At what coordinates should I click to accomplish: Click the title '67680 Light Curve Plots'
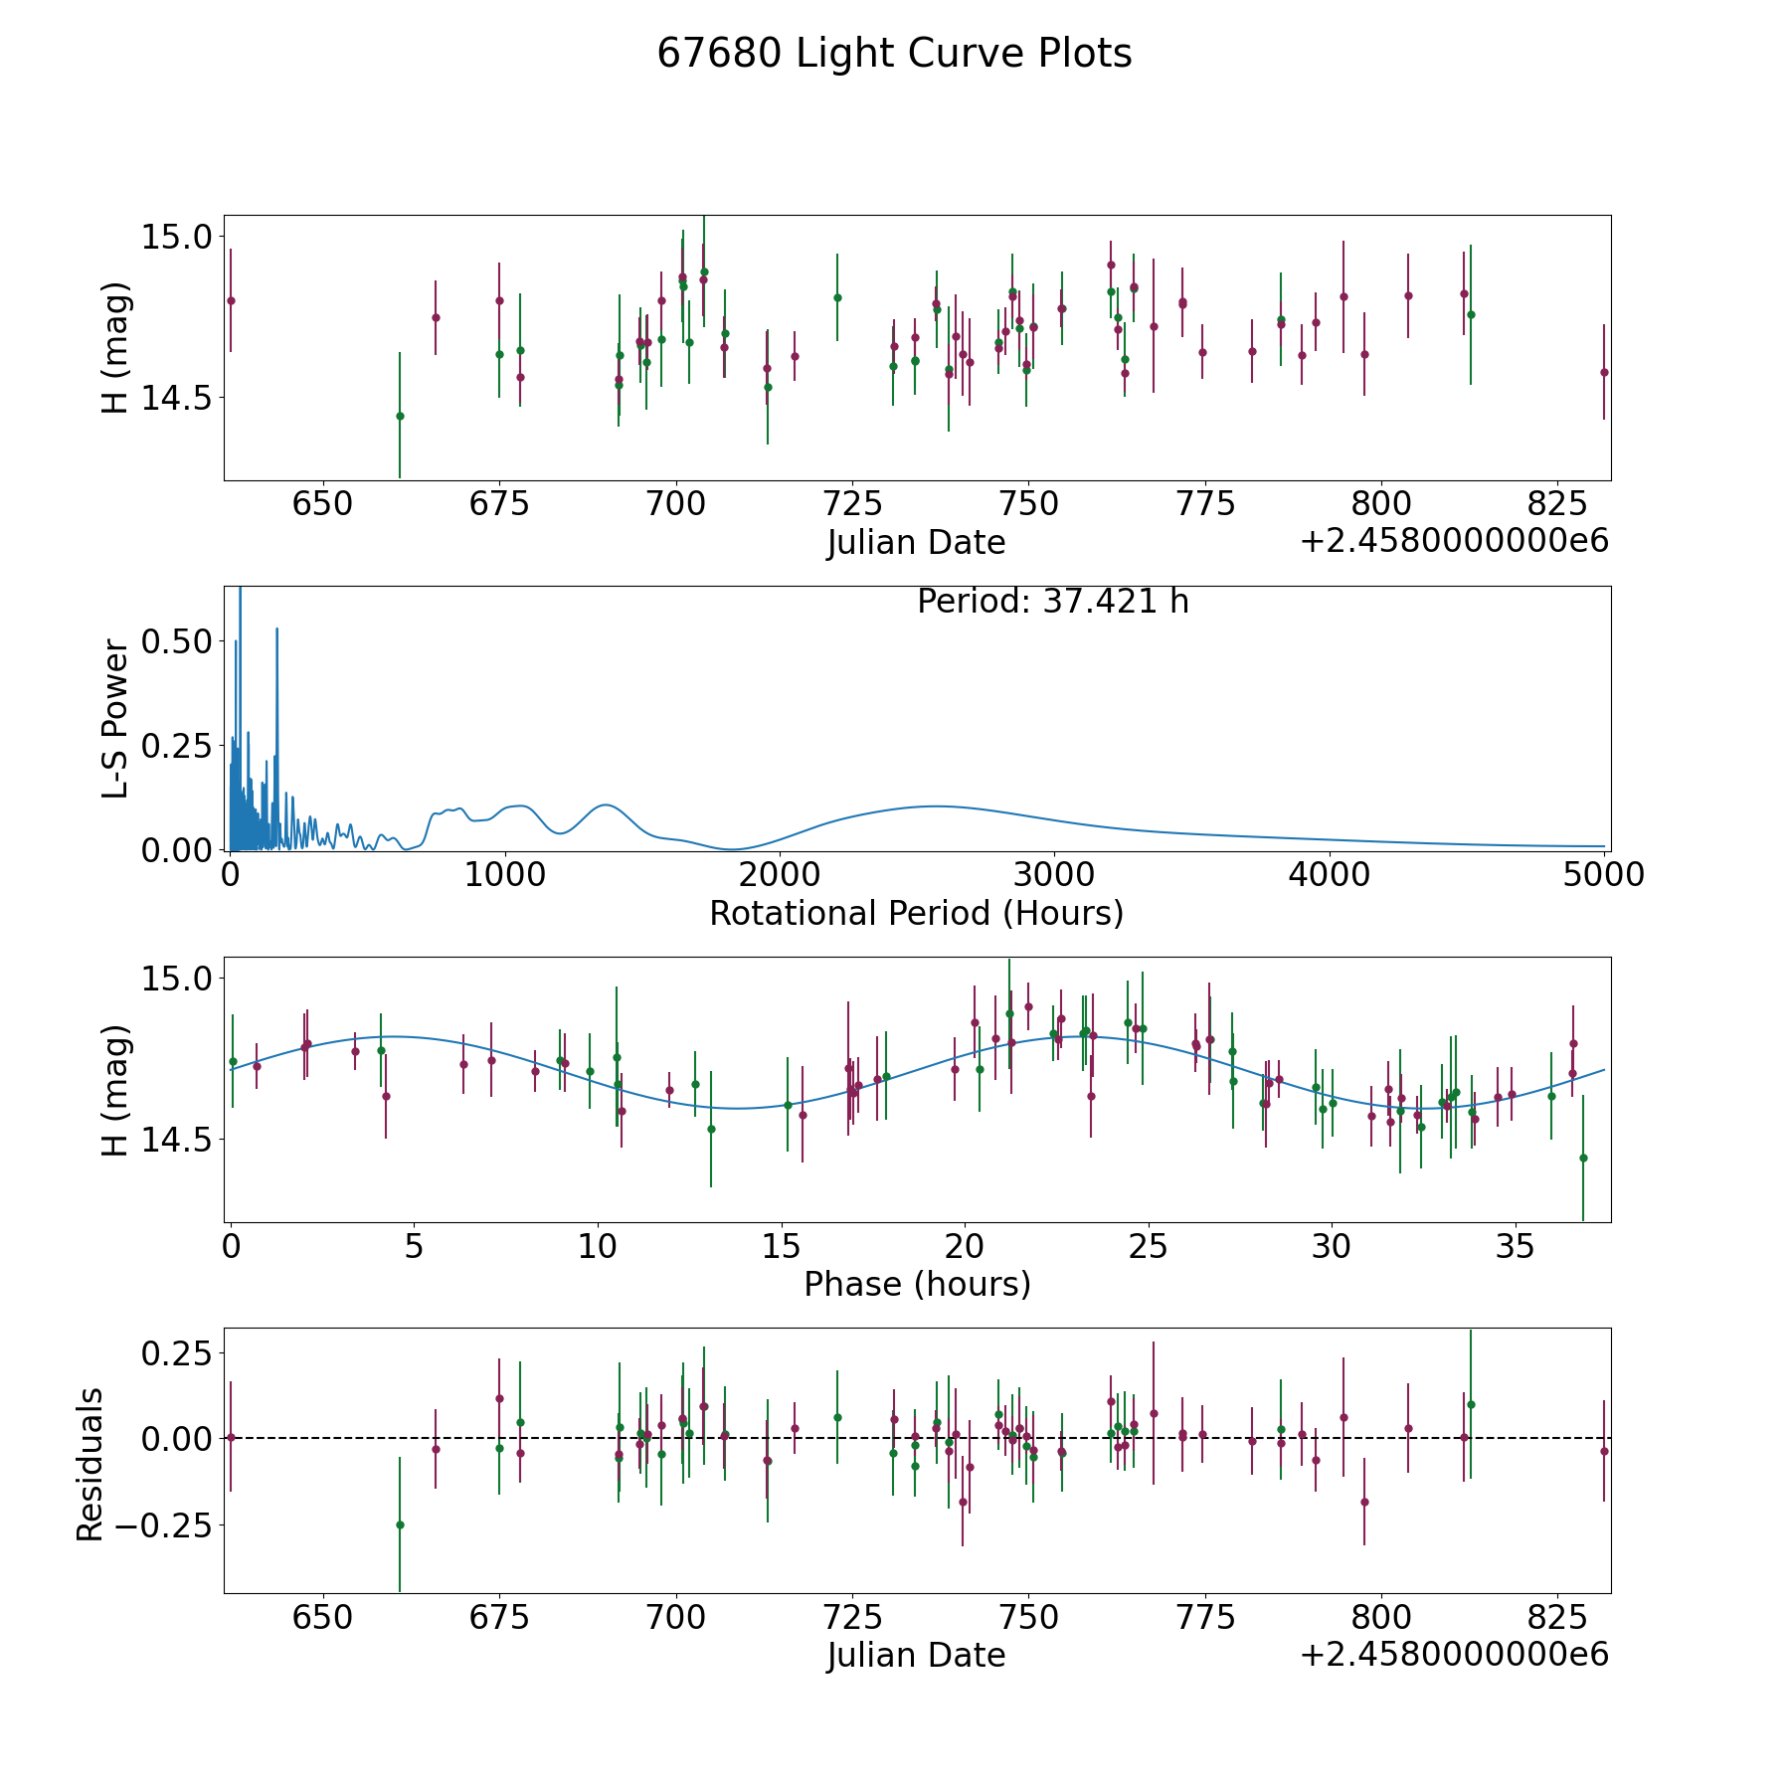click(x=894, y=54)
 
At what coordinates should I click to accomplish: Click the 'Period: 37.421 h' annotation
click(x=1052, y=602)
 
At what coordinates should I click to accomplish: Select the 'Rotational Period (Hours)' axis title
click(x=916, y=913)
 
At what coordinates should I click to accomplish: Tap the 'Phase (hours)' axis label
click(x=917, y=1284)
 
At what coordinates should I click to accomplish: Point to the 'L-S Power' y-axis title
click(x=116, y=719)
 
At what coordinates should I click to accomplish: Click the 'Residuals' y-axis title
click(x=90, y=1465)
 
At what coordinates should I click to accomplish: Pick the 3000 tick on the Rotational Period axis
click(x=1053, y=875)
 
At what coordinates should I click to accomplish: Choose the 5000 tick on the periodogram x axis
click(x=1603, y=875)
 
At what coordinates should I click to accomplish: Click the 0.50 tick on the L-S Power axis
click(x=177, y=641)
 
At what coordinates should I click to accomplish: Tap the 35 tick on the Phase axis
click(x=1516, y=1246)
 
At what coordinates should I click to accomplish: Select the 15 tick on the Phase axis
click(x=782, y=1246)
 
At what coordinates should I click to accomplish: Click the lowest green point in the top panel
click(x=400, y=416)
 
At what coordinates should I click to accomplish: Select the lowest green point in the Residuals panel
click(x=400, y=1524)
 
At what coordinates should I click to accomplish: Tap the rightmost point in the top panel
click(x=1603, y=372)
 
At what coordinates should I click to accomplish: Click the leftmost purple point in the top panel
click(x=231, y=300)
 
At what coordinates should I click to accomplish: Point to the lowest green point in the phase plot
click(x=1583, y=1158)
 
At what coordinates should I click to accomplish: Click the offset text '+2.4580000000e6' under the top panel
click(x=1454, y=542)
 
